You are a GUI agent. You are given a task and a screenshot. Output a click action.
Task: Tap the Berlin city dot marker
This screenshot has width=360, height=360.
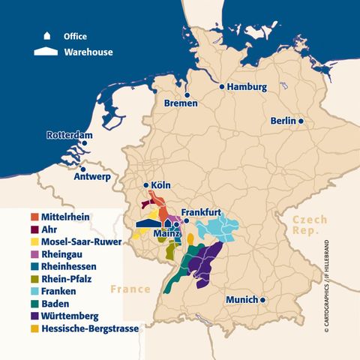(301, 121)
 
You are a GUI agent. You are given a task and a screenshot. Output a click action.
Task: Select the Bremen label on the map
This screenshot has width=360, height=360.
(180, 103)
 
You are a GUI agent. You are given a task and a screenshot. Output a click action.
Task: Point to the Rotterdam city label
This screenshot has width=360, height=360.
(69, 136)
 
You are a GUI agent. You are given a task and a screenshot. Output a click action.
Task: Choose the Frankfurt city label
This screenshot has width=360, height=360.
(204, 212)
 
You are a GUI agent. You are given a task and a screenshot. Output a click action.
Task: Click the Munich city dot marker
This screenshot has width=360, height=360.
(263, 299)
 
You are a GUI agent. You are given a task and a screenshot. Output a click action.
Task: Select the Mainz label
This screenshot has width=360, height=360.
(168, 234)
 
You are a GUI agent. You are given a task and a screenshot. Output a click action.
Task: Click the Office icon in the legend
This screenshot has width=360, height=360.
(47, 35)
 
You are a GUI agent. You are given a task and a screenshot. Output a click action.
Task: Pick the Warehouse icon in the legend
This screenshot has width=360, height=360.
(47, 52)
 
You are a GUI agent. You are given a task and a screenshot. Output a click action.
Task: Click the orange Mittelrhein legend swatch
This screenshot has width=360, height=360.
(35, 217)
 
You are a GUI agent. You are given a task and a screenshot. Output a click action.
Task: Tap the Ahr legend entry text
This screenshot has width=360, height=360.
(49, 229)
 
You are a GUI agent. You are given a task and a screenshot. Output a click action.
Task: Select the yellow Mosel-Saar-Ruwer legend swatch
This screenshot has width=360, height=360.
(35, 242)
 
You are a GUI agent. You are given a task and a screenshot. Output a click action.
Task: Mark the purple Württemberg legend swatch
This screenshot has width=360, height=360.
(35, 316)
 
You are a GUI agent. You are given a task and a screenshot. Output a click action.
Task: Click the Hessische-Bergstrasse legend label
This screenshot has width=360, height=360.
(91, 328)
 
